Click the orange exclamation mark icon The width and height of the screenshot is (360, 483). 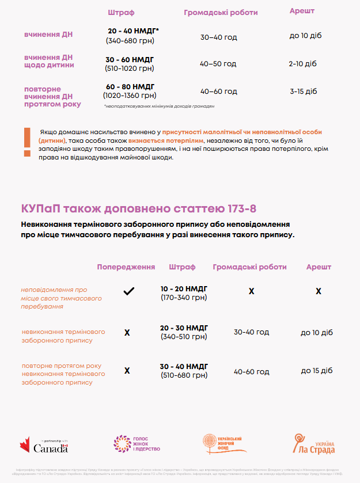(x=27, y=142)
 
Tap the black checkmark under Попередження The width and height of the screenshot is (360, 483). (x=128, y=291)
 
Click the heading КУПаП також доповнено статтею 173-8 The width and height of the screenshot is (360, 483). (x=138, y=208)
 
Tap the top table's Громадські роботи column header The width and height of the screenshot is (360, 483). (x=221, y=13)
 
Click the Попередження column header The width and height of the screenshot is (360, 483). (x=126, y=267)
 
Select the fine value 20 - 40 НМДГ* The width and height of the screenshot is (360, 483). (x=133, y=31)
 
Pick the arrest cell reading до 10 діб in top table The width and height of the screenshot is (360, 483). (x=305, y=36)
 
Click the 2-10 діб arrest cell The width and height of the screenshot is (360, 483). (x=303, y=63)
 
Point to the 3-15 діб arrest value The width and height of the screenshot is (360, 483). (x=304, y=91)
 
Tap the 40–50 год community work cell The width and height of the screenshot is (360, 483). (x=218, y=63)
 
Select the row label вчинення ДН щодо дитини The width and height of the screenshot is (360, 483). (x=49, y=61)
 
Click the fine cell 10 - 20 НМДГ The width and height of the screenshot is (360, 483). (x=184, y=288)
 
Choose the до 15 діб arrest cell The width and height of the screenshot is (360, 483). (x=317, y=370)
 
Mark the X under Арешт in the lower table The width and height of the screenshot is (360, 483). (x=319, y=291)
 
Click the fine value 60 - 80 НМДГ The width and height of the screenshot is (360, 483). (x=130, y=87)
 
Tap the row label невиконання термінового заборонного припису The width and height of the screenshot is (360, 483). (x=63, y=336)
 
